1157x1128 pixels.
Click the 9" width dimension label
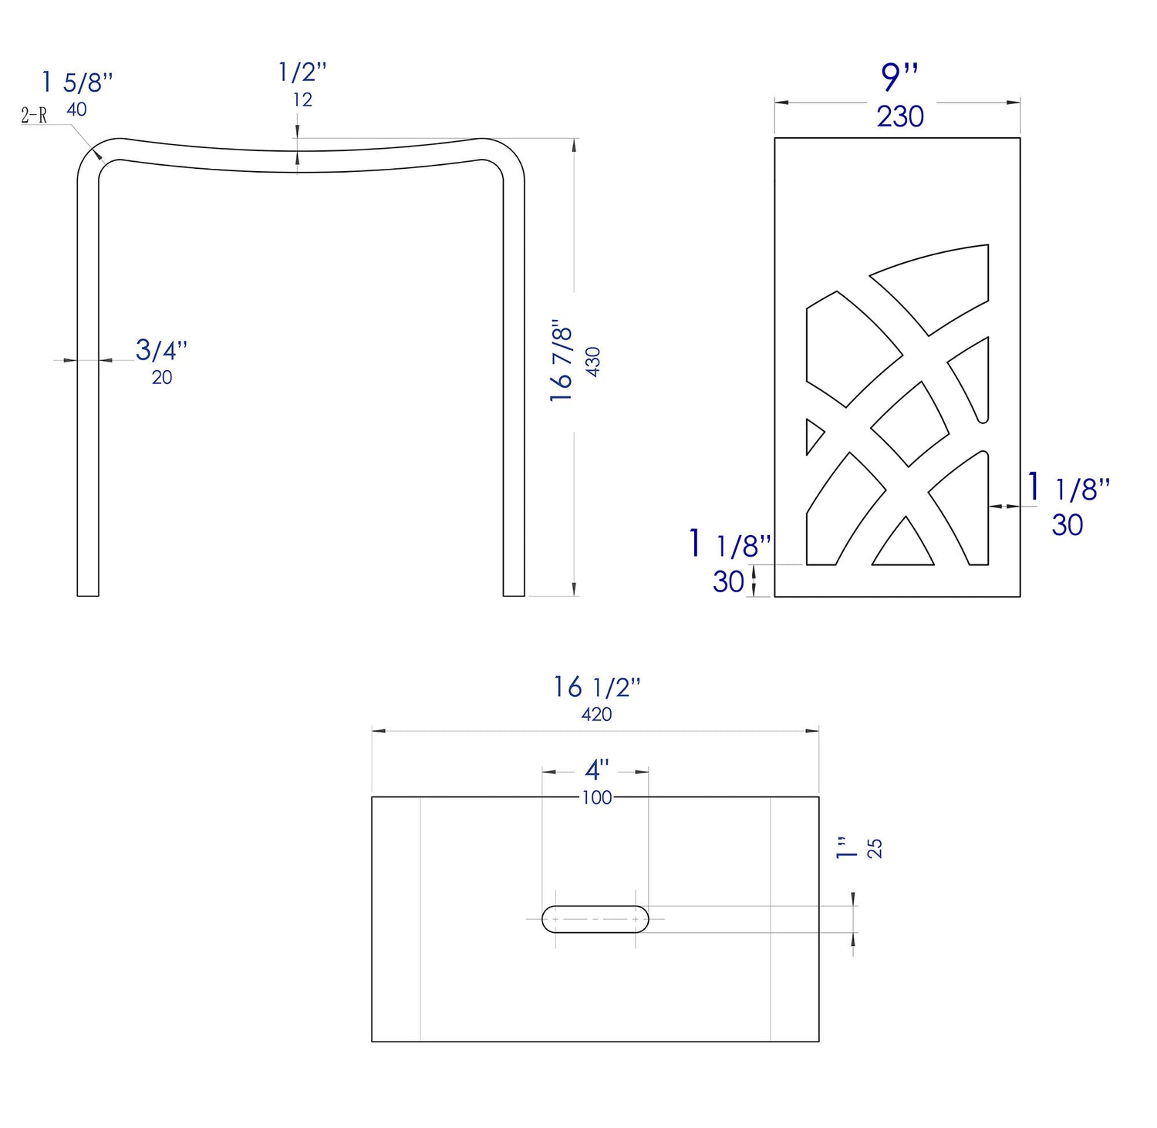[899, 77]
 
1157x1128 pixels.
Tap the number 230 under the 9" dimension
[899, 117]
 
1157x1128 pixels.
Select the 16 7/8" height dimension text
[562, 359]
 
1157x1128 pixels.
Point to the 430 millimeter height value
[593, 362]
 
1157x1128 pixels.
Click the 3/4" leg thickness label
[161, 350]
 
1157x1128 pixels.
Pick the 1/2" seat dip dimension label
[302, 72]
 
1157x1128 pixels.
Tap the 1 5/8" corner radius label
[77, 82]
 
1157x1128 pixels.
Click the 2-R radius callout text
[34, 116]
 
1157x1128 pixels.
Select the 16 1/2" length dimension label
[596, 687]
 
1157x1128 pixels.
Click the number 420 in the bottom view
[596, 715]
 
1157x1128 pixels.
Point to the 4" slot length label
[596, 769]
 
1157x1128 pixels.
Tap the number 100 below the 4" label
[596, 798]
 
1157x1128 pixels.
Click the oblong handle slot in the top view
[595, 919]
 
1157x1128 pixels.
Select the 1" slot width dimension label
[846, 848]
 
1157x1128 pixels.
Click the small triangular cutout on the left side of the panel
[813, 436]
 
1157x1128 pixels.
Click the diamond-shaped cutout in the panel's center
[910, 424]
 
